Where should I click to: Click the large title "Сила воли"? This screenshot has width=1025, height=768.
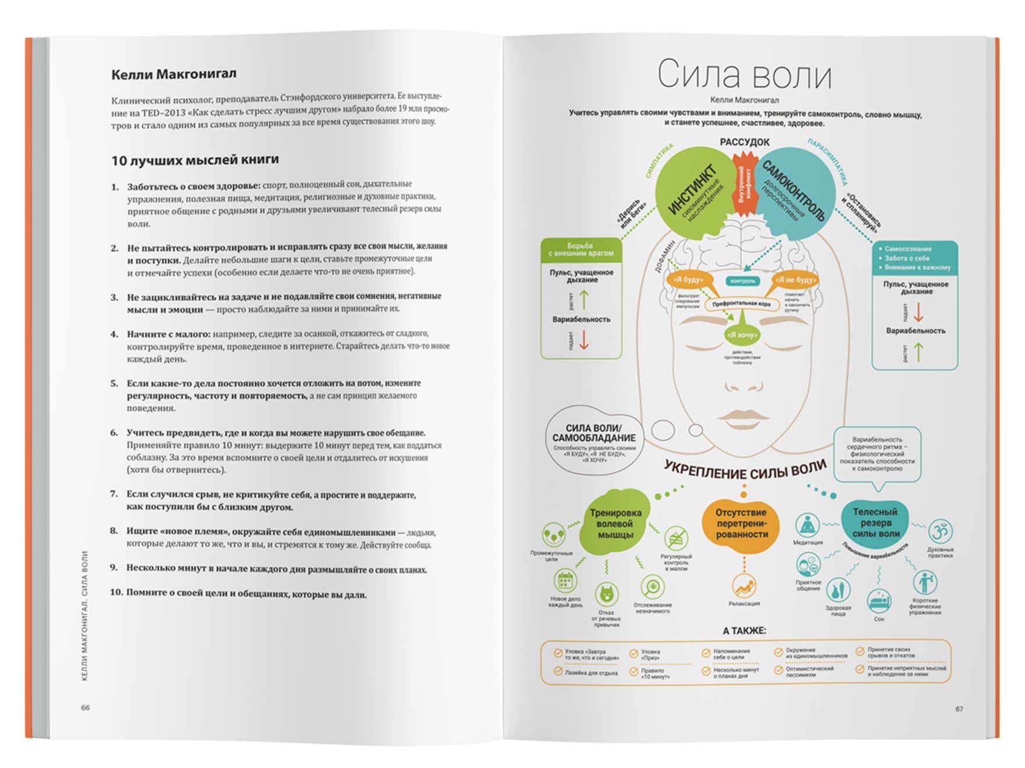(x=744, y=74)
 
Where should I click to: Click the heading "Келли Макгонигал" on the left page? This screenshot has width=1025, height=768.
(x=174, y=74)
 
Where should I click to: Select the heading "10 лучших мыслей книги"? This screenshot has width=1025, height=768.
(x=195, y=160)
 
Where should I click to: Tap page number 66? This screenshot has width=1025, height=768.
(x=86, y=707)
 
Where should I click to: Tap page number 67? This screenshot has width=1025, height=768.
(x=959, y=709)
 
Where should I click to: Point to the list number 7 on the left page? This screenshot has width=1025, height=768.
(x=114, y=494)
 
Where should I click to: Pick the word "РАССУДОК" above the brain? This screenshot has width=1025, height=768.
(x=744, y=142)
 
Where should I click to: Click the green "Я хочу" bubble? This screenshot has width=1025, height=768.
(x=742, y=334)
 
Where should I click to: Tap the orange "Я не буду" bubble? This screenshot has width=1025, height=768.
(x=796, y=280)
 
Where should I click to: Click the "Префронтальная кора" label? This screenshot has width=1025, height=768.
(x=741, y=304)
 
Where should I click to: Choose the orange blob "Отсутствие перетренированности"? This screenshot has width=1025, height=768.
(x=742, y=523)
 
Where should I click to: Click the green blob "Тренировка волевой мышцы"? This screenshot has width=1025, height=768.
(x=615, y=523)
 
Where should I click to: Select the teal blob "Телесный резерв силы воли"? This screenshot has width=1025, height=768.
(x=875, y=522)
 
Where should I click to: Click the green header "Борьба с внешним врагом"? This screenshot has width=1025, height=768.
(x=580, y=249)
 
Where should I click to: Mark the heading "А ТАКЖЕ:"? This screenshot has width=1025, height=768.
(x=744, y=630)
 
